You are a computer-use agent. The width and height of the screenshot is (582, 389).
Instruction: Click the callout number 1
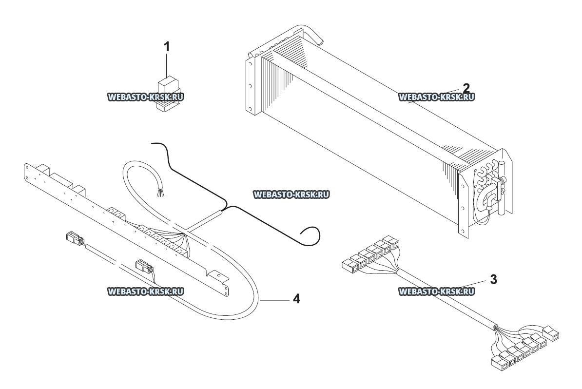[x=167, y=47]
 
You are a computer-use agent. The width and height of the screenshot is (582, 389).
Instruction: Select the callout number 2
[x=466, y=88]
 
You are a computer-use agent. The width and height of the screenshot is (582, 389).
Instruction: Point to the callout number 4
[x=296, y=298]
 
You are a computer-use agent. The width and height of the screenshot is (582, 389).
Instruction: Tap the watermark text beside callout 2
[x=436, y=97]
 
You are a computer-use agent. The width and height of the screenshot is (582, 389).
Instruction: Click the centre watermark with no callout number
[x=291, y=194]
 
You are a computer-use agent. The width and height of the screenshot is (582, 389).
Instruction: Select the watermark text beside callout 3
[x=436, y=292]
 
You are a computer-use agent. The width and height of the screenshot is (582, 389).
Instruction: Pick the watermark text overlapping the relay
[x=145, y=97]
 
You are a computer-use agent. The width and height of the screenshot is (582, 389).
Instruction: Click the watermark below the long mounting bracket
[x=145, y=292]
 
